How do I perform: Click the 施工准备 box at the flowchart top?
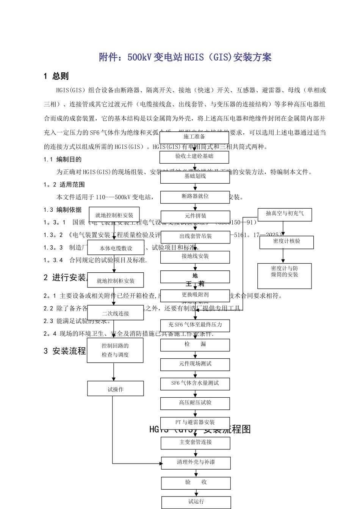(194, 137)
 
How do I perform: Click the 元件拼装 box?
(196, 217)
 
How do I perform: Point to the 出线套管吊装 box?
(196, 237)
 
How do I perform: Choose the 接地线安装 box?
(195, 257)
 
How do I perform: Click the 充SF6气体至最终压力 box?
(195, 325)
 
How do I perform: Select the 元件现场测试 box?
(195, 364)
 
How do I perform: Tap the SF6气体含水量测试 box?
(195, 384)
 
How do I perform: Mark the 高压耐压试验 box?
(195, 403)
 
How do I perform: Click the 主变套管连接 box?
(196, 443)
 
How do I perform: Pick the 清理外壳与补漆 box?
(196, 463)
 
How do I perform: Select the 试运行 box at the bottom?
(196, 502)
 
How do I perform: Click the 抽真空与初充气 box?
(285, 214)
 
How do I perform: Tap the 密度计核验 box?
(286, 242)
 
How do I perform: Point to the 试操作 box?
(116, 389)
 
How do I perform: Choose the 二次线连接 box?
(116, 313)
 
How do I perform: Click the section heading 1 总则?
(56, 76)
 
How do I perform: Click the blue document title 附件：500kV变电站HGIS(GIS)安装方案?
(185, 57)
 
